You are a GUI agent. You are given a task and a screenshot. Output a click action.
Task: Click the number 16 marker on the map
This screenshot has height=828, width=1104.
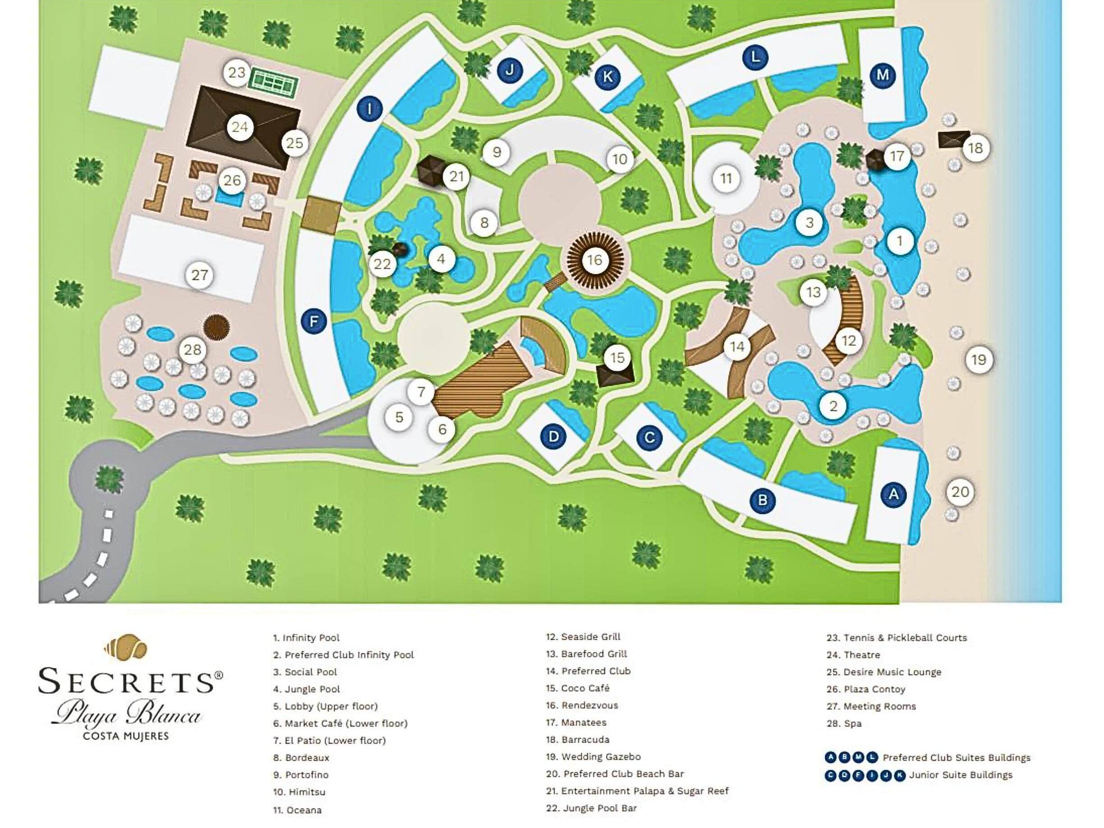point(594,260)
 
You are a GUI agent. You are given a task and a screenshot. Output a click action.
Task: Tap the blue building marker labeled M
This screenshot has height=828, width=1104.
point(883,75)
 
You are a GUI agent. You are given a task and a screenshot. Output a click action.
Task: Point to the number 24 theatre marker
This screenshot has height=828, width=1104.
point(239,127)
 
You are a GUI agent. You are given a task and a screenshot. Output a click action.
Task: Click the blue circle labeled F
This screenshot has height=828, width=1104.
point(314,321)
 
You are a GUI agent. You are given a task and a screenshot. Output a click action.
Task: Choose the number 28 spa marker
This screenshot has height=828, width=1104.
point(193,350)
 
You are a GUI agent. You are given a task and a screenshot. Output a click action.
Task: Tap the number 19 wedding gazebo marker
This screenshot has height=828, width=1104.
point(979,359)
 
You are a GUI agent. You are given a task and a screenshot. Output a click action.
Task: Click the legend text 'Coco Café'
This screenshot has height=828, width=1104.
point(585,688)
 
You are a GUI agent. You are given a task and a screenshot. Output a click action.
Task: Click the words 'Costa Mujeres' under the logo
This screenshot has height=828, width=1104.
point(126,736)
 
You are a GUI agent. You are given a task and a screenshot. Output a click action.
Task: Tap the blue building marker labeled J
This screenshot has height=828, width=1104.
point(510,70)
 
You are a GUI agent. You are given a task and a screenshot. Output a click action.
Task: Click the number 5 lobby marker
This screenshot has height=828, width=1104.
point(399,416)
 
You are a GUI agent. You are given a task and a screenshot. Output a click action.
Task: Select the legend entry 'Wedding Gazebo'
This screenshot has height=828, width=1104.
point(601,757)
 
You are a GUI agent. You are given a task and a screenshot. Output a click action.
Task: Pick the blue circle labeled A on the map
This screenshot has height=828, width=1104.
point(893,494)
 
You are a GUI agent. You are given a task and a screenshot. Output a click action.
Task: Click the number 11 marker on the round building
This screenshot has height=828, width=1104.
point(726,178)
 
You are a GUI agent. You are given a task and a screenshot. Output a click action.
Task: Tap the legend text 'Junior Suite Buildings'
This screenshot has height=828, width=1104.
point(961,775)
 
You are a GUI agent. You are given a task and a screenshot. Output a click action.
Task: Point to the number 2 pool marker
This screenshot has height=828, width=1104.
point(833,406)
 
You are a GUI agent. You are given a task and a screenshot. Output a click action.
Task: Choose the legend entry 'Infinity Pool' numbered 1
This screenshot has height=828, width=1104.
point(311,637)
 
